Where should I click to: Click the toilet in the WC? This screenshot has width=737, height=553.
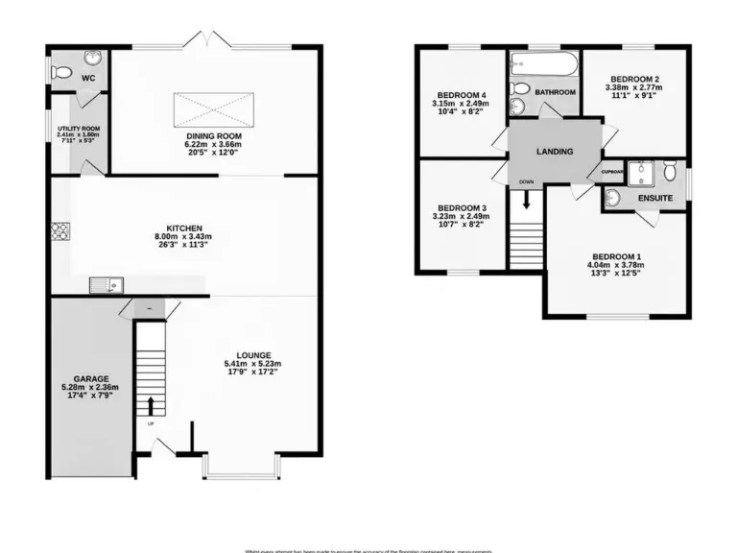(x=61, y=71)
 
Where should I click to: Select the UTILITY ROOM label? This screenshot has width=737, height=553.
(x=78, y=128)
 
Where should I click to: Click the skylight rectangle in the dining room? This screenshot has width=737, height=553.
(x=214, y=108)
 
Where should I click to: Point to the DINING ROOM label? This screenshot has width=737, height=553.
(x=214, y=136)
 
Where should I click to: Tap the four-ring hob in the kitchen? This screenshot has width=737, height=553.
(x=59, y=230)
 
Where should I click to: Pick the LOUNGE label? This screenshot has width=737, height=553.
(x=251, y=354)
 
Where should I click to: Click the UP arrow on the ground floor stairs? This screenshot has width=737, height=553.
(x=150, y=403)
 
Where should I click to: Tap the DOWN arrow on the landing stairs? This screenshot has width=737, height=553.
(x=526, y=199)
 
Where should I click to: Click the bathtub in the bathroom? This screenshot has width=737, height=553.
(x=544, y=66)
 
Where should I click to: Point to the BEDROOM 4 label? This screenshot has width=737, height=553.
(x=463, y=94)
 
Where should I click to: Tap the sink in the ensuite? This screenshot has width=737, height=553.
(x=614, y=199)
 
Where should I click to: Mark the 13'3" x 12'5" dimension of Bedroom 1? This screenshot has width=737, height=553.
(x=617, y=276)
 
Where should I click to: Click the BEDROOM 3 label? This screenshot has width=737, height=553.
(x=463, y=208)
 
